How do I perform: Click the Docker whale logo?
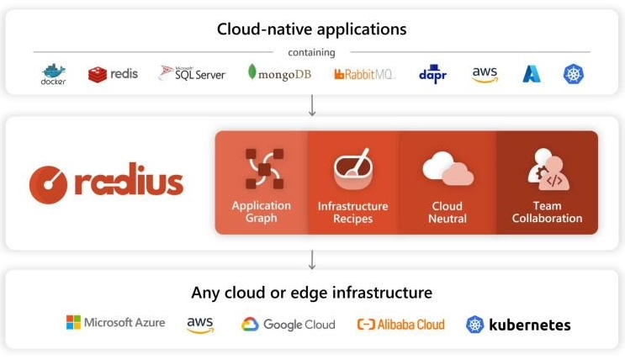click(53, 74)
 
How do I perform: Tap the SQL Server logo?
click(193, 73)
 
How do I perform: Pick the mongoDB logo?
click(279, 73)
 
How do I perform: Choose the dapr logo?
click(432, 74)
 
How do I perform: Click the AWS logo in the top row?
click(485, 74)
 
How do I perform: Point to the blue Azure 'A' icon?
click(532, 74)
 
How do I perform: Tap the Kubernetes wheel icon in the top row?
click(574, 74)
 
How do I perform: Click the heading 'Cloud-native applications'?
click(311, 29)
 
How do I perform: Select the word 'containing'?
click(311, 52)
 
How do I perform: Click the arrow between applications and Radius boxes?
click(312, 106)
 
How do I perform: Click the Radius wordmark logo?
click(106, 182)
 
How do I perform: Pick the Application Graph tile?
click(262, 182)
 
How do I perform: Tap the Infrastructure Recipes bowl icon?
click(352, 169)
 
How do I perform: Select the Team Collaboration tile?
click(547, 182)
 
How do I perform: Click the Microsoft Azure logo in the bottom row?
click(116, 323)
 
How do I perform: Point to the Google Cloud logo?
click(289, 324)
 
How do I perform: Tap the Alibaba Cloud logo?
click(400, 324)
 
